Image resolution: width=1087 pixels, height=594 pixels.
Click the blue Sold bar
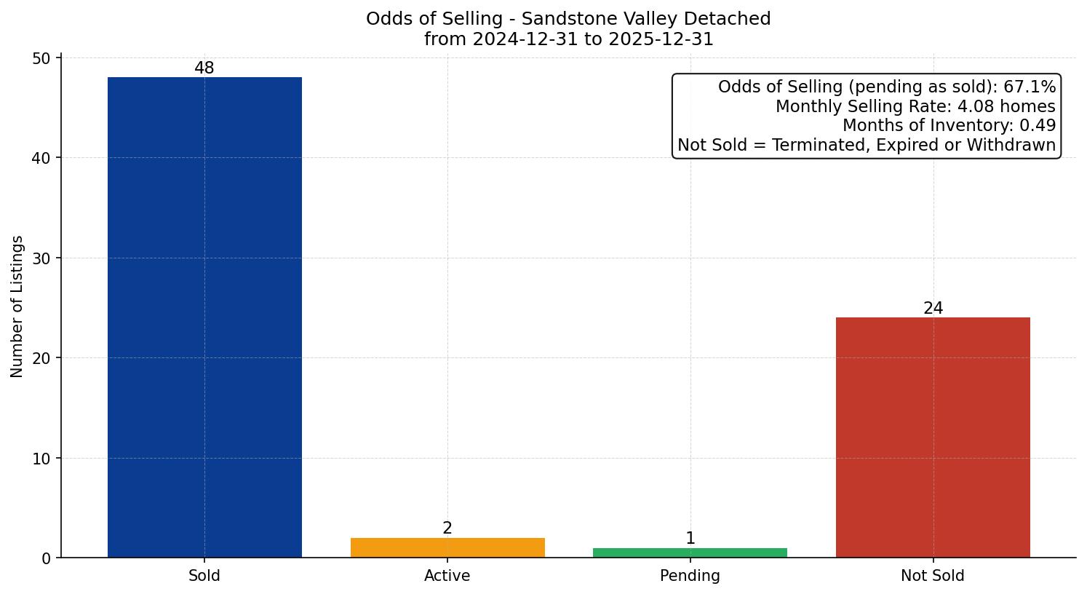(x=204, y=317)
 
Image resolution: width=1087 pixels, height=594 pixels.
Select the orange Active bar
(x=447, y=547)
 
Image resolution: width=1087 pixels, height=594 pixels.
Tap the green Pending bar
(x=690, y=553)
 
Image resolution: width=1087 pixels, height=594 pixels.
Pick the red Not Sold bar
(x=933, y=437)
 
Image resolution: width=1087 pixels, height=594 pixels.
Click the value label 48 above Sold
(x=204, y=68)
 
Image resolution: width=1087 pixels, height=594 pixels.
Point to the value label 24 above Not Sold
(x=933, y=309)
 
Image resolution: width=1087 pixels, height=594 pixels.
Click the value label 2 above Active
(x=447, y=528)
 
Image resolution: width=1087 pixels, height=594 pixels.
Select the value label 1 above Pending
(x=690, y=539)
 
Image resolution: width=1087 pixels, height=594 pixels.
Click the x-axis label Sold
(x=204, y=576)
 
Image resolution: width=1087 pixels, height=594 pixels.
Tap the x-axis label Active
(x=447, y=576)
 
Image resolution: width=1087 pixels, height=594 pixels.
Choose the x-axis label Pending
(x=690, y=576)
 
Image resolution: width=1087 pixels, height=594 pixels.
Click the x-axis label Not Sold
(x=933, y=576)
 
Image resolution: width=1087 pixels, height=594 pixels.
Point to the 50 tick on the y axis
(x=41, y=58)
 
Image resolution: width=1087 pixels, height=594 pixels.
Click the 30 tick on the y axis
(x=41, y=258)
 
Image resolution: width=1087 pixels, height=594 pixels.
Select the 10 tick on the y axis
(x=41, y=459)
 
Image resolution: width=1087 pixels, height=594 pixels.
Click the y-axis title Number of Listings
(x=17, y=306)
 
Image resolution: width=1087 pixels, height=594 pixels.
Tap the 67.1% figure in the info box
(x=1029, y=87)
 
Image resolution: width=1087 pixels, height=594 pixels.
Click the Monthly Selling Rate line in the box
(x=915, y=106)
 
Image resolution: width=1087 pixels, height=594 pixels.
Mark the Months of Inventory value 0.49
(x=1038, y=126)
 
